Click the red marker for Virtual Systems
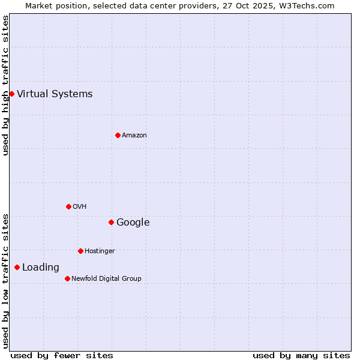(x=11, y=94)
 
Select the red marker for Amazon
(x=118, y=135)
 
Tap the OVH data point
(x=68, y=206)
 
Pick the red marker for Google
(x=111, y=222)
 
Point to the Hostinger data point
(x=80, y=251)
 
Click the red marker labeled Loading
(x=17, y=267)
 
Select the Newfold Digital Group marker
(x=67, y=278)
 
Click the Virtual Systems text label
(x=55, y=94)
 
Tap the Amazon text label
(x=134, y=135)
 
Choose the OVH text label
(x=80, y=206)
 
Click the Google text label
(x=133, y=222)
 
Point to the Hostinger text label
(x=100, y=251)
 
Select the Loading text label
(x=41, y=267)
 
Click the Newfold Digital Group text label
(x=106, y=278)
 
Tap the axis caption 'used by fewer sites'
(x=62, y=355)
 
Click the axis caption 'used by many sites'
(x=301, y=355)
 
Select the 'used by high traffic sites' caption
(x=5, y=85)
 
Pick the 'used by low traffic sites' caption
(x=5, y=281)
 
